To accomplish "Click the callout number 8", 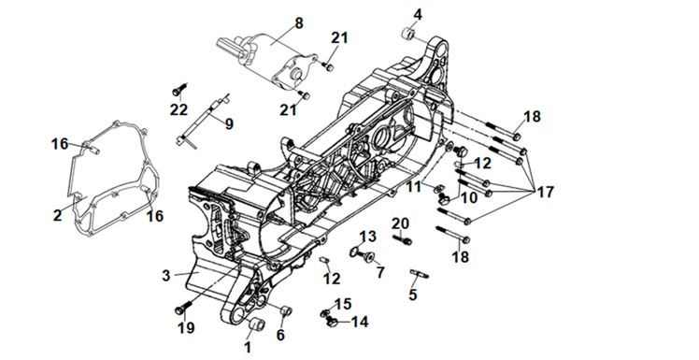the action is [x=298, y=22].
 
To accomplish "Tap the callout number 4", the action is [x=418, y=14].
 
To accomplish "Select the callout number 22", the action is [x=178, y=109].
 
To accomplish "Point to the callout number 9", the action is [x=229, y=124].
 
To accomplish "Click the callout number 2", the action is [x=58, y=215].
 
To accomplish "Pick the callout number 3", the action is [x=165, y=275].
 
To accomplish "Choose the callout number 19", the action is [x=186, y=328].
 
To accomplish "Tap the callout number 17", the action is [x=545, y=193].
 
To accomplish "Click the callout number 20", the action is [x=400, y=223].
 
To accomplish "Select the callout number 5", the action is [x=413, y=295].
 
